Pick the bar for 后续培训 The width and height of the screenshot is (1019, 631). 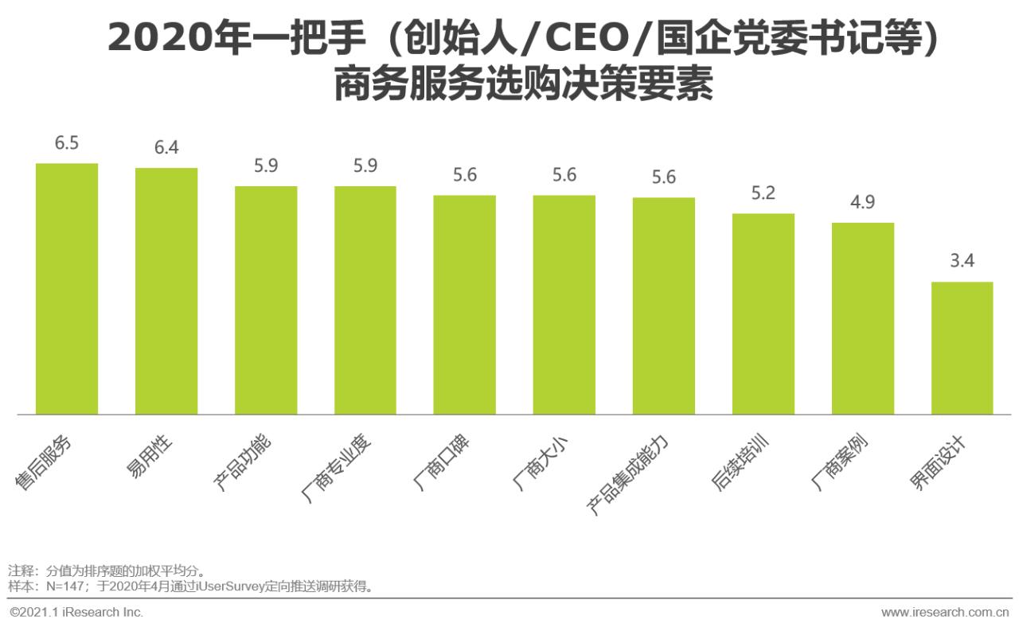click(763, 314)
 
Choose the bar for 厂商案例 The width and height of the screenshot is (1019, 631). click(862, 318)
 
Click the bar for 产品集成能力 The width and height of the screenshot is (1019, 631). click(663, 306)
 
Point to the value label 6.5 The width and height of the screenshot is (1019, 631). click(67, 144)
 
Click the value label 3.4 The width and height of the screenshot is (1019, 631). click(962, 262)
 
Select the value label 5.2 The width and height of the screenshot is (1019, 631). click(763, 193)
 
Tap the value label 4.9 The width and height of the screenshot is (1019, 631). click(862, 203)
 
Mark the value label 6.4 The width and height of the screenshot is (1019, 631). click(166, 148)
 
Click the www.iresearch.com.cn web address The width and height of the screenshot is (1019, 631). click(945, 613)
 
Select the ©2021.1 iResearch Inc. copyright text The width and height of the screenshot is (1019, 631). click(76, 613)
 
